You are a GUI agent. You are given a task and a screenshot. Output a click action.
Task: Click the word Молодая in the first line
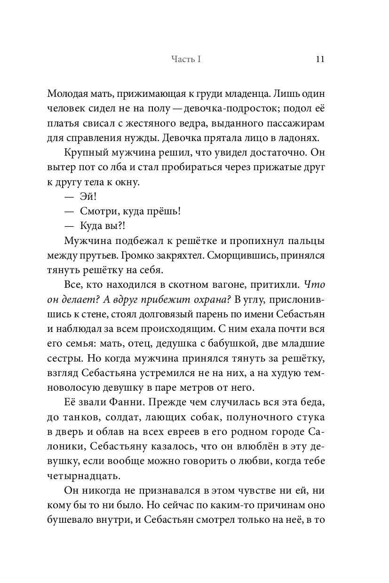(x=69, y=94)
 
